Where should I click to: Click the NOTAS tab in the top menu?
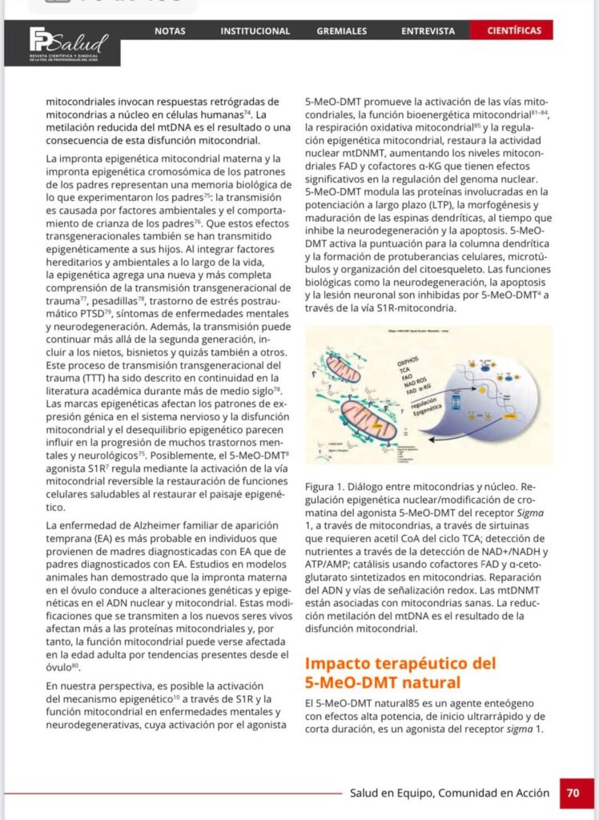(170, 31)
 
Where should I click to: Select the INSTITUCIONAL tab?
(255, 31)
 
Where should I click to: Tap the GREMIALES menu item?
(342, 31)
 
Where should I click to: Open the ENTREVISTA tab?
(428, 31)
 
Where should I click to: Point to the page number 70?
(573, 793)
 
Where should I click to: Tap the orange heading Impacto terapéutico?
(400, 663)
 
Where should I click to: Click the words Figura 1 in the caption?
(324, 486)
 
